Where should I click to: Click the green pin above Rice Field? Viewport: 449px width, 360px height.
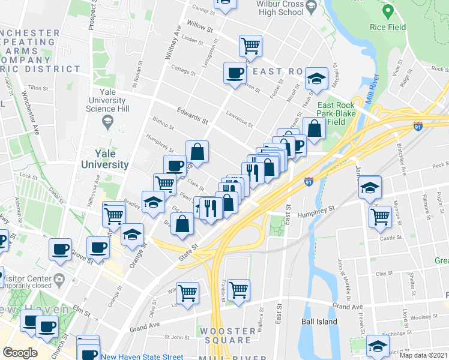click(388, 12)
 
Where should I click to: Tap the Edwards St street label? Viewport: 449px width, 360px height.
click(192, 115)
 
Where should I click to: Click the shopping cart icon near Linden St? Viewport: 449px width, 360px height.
click(250, 45)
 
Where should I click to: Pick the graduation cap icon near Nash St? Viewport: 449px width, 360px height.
click(315, 78)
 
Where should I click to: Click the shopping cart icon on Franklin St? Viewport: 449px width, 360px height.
click(239, 290)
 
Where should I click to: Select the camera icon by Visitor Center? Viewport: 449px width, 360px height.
click(59, 278)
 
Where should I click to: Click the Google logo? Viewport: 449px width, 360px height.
click(20, 353)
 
